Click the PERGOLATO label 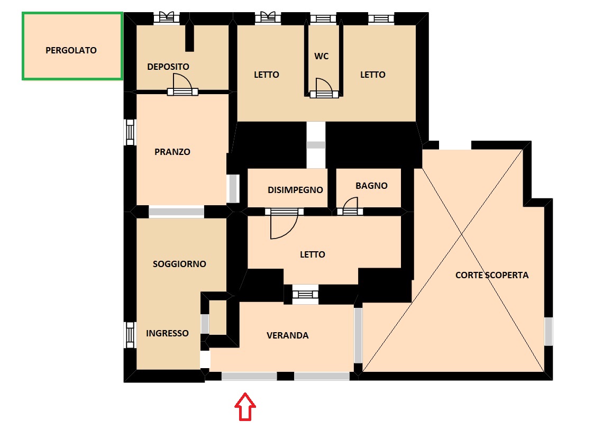[x=71, y=50]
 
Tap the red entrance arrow [x=245, y=407]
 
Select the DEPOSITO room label [x=168, y=67]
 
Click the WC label [x=322, y=56]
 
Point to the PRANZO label [x=172, y=152]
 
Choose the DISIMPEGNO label [x=296, y=190]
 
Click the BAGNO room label [x=371, y=186]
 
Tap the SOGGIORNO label [x=179, y=264]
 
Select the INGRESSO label [x=168, y=333]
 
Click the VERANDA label [x=288, y=336]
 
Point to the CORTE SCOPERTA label [x=492, y=275]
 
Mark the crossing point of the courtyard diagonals [x=462, y=234]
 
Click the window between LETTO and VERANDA [x=305, y=294]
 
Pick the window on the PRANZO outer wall [x=130, y=132]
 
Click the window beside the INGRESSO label [x=130, y=335]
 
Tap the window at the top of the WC [x=323, y=19]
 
